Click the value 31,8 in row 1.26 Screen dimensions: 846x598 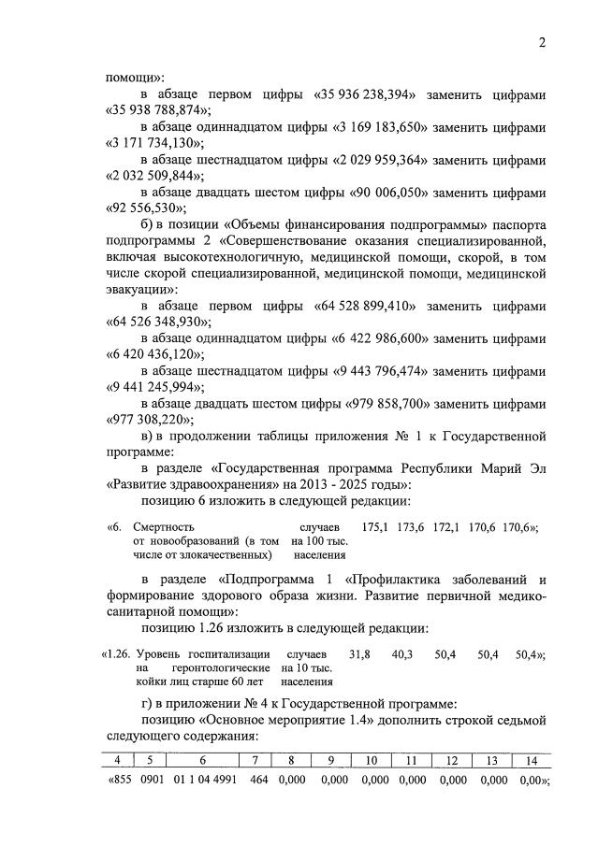click(359, 654)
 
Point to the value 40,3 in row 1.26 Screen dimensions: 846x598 click(402, 654)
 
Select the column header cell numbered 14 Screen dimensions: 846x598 click(531, 761)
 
